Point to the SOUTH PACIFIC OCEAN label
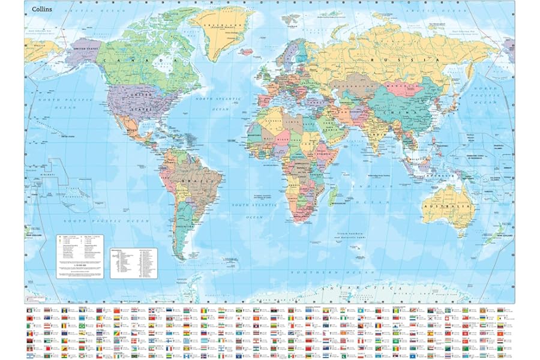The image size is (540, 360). (118, 221)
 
